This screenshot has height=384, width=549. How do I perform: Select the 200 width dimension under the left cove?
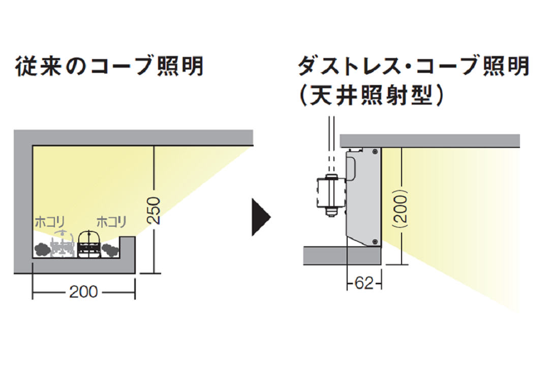[x=83, y=291]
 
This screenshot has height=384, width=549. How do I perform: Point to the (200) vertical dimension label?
[x=402, y=207]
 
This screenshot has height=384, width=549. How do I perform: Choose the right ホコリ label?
[x=111, y=222]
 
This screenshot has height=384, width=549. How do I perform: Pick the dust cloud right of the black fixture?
[x=109, y=249]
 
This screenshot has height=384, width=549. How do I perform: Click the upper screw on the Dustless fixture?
[x=375, y=151]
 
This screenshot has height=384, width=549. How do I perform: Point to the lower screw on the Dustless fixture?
[x=375, y=242]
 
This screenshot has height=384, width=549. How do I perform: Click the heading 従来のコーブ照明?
[x=110, y=67]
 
